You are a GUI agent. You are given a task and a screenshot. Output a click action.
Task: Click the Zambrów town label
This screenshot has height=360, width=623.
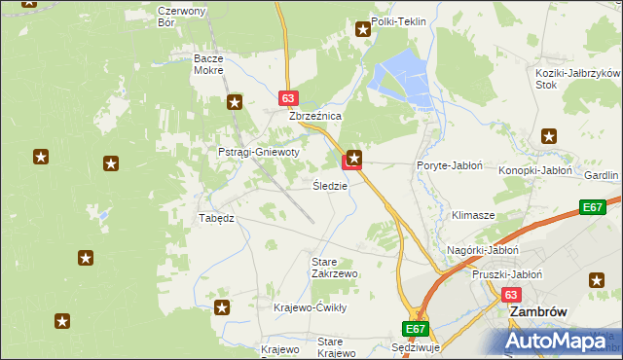(533, 313)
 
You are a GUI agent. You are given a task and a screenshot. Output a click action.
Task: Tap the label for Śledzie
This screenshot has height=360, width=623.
(330, 185)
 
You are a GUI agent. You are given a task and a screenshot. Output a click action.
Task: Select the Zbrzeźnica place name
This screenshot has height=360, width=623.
(314, 115)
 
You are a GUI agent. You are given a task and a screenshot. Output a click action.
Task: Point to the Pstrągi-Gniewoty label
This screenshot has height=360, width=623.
(258, 153)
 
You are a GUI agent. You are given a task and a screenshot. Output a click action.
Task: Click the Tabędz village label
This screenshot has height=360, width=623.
(216, 218)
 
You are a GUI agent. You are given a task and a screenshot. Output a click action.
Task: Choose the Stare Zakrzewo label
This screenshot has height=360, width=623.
(334, 268)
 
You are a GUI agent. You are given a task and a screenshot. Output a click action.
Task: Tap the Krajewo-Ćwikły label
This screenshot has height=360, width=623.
(310, 307)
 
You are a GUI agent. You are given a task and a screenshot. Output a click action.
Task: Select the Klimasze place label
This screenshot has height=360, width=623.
(473, 214)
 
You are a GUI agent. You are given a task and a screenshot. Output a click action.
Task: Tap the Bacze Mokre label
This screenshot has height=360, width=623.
(208, 64)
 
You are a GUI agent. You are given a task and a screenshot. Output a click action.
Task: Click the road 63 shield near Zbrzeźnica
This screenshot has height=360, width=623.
(287, 98)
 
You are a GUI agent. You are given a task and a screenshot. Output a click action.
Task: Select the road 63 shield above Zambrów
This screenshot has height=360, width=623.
(512, 294)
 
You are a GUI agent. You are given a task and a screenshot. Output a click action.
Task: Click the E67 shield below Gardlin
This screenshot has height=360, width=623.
(593, 207)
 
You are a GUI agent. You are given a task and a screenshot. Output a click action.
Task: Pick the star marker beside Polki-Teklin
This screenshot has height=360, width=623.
(363, 30)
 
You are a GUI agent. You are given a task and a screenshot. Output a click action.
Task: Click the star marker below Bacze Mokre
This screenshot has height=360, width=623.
(235, 101)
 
